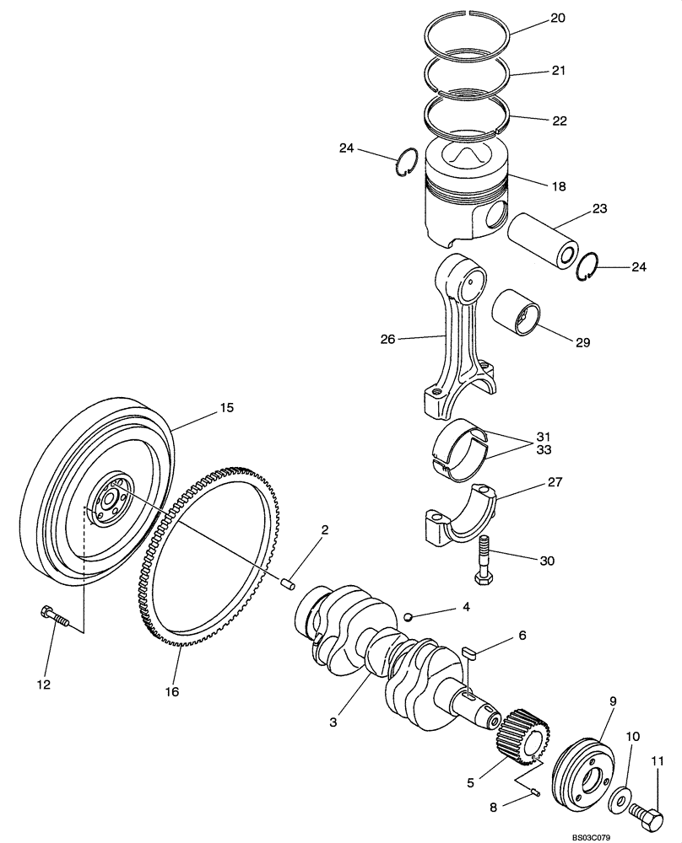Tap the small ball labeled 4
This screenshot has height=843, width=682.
409,617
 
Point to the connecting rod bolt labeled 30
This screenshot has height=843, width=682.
484,560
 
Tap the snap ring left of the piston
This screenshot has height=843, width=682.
406,162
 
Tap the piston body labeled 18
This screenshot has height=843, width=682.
464,194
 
